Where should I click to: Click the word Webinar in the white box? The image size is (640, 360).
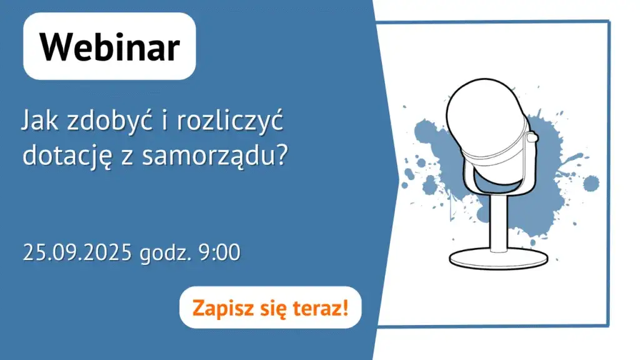pos(110,47)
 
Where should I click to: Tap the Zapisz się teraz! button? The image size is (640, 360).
pos(270,307)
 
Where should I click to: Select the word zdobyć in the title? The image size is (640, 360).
pos(104,121)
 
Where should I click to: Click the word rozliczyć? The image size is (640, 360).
pos(230,121)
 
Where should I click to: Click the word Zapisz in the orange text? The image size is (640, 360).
pos(217,307)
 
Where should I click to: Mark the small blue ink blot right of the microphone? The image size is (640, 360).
pos(590,184)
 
